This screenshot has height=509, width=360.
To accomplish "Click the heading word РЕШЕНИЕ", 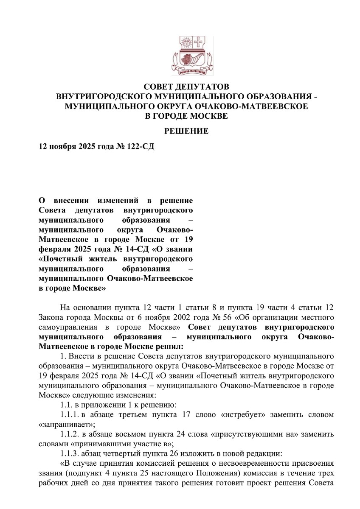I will click(x=187, y=131).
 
